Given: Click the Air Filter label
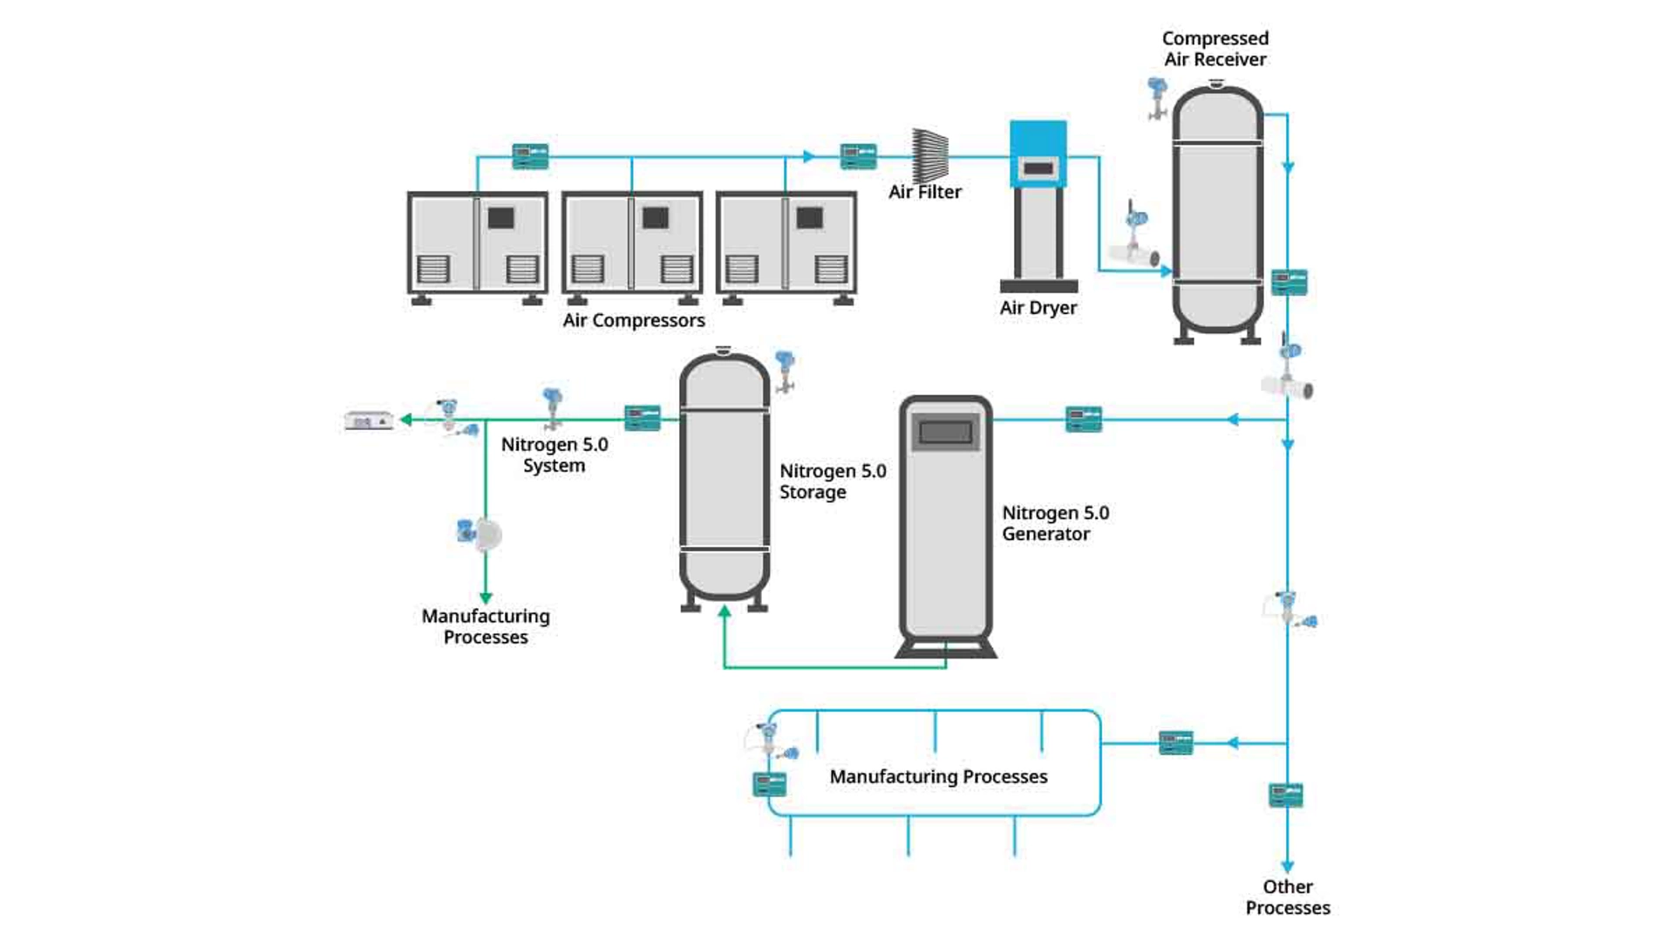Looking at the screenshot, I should coord(924,192).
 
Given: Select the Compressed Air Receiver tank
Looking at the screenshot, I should coord(1217,209).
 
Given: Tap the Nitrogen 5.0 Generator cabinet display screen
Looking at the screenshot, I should coord(945,432).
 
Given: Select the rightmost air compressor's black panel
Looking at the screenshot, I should coord(809,217).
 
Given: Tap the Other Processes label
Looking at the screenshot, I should coord(1287,897).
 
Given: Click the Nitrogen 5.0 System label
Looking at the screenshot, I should coord(555,454).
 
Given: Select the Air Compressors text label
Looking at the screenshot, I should coord(634,320).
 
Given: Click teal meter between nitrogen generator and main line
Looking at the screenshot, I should coord(1084,420).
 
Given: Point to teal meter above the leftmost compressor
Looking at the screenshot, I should coord(530,157).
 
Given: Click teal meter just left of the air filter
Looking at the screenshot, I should coord(858,157).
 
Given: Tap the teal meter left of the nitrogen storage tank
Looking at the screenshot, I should coord(643,419).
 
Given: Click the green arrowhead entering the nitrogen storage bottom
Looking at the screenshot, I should coord(725,612).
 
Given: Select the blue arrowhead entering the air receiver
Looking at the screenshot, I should coord(1166,271).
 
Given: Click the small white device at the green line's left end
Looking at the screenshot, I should coord(369,421).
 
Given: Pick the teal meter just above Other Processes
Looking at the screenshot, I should coord(1286,795).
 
